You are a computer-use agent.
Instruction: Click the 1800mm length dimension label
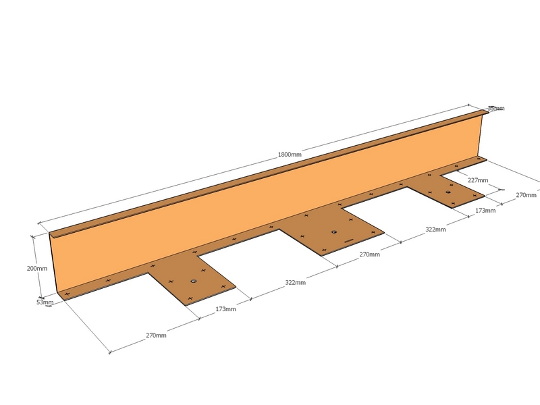tap(290, 155)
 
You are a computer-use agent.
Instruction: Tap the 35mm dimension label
tap(496, 109)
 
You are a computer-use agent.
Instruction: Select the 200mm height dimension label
tap(37, 268)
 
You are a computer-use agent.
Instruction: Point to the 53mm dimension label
tap(45, 302)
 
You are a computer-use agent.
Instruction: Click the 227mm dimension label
tap(478, 180)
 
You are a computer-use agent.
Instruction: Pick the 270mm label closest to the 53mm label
tap(156, 335)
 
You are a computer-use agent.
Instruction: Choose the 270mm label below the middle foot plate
tap(369, 254)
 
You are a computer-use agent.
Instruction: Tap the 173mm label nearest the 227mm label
tap(485, 211)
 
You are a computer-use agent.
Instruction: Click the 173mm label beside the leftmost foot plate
tap(225, 309)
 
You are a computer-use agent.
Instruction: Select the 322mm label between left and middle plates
tap(295, 283)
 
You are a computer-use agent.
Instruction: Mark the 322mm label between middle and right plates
tap(435, 230)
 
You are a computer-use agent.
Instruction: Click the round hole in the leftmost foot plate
tap(194, 281)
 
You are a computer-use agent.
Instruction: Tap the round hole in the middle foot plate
tap(333, 232)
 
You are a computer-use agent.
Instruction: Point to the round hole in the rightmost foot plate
tap(448, 192)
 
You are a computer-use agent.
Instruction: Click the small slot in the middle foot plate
tap(348, 240)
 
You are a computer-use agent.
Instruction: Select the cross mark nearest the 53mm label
tap(67, 294)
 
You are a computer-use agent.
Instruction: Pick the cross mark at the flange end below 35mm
tap(479, 159)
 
